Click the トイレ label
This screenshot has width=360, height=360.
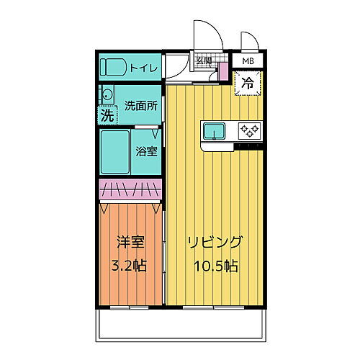pos(144,67)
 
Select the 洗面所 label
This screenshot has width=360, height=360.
pos(140,105)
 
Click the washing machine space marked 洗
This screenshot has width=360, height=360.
pos(107,114)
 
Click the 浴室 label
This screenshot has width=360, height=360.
pos(147,151)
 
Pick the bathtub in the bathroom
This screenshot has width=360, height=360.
pos(115,151)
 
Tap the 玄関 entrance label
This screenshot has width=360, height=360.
pos(204,60)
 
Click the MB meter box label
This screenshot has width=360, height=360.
pos(248,61)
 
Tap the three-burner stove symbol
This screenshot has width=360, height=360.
pos(249,130)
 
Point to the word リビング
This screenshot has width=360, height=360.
pos(215,242)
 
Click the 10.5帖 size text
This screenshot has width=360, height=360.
pos(215,265)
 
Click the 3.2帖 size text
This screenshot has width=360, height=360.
pos(127,265)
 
